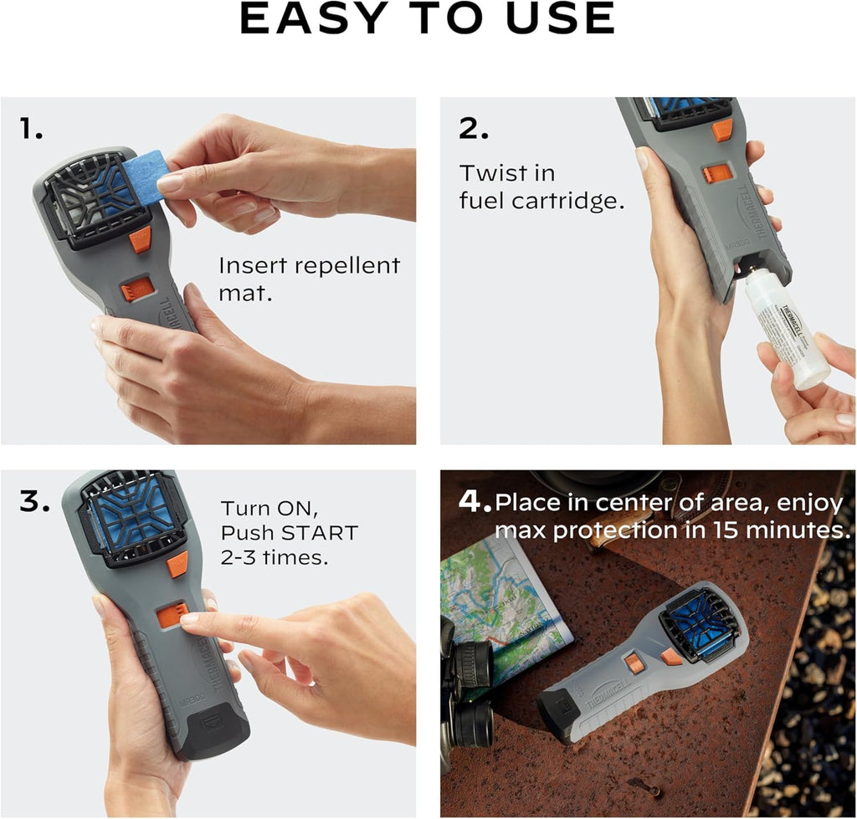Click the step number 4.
[x=474, y=503]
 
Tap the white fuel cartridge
[x=787, y=335]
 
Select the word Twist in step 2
[x=485, y=174]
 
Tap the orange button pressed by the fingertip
[x=171, y=615]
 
